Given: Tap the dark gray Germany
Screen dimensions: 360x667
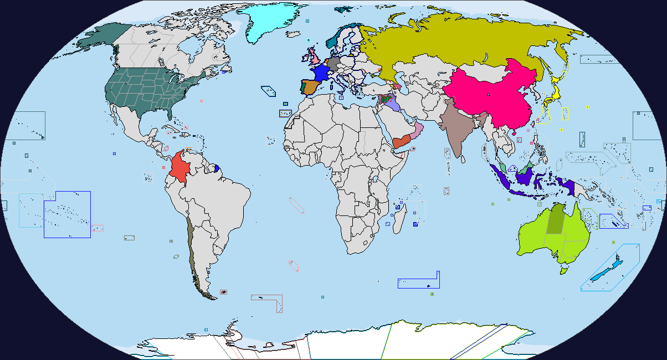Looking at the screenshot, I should coord(334,64).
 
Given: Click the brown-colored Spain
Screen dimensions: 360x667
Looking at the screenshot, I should coord(309,87).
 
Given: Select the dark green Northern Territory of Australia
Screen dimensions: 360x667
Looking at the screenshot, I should coord(555,219).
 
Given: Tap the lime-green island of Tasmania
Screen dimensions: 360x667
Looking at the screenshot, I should coord(564,270).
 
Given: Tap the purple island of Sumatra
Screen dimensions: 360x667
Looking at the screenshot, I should coord(504,177).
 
